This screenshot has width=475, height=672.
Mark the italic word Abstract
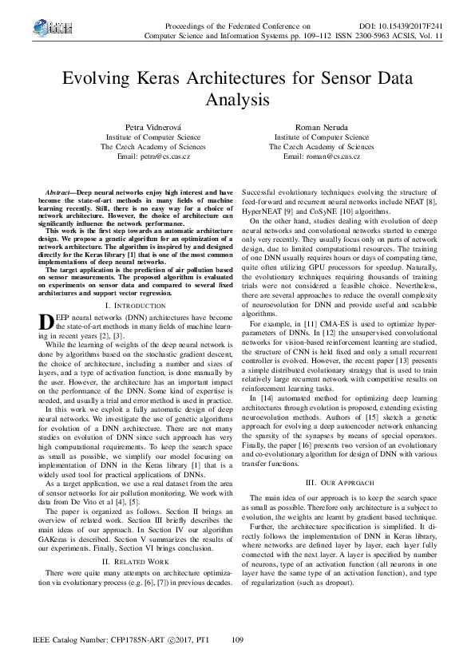(60, 193)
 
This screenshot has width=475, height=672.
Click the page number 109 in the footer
(237, 641)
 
